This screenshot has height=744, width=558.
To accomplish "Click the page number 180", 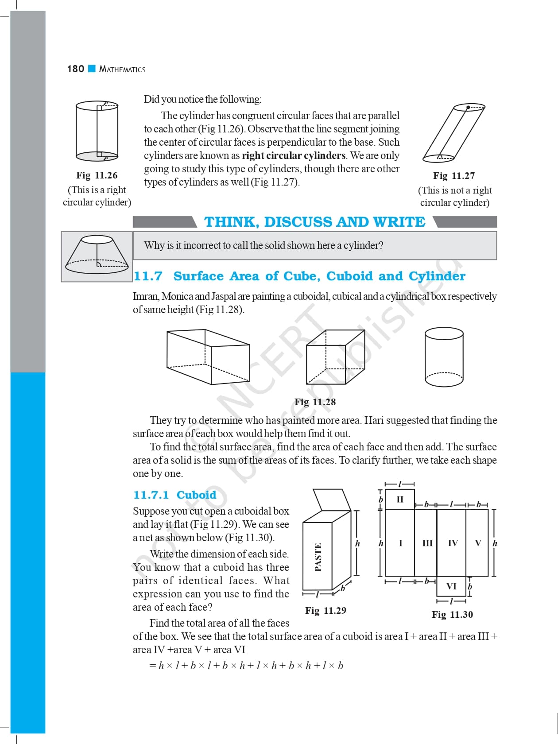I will click(x=75, y=69).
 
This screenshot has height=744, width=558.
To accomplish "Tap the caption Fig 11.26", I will click(x=97, y=175).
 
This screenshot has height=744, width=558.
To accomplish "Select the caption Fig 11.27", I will click(x=453, y=176).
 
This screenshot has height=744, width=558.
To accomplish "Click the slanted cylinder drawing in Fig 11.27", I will click(x=453, y=133).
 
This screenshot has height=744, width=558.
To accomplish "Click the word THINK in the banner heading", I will click(x=231, y=222).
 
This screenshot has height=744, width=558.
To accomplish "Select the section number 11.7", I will click(x=148, y=276).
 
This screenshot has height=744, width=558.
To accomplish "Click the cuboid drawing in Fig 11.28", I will click(x=208, y=356).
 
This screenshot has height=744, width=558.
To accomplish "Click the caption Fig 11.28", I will click(x=315, y=402).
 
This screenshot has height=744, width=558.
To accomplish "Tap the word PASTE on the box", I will click(x=318, y=557).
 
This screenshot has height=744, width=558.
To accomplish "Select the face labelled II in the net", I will click(x=400, y=500).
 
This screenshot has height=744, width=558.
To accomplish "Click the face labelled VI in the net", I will click(x=451, y=586).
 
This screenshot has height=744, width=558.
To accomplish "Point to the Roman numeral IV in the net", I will click(x=453, y=543).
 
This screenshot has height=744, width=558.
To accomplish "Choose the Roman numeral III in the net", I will click(x=427, y=543).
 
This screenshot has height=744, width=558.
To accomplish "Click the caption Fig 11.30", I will click(x=452, y=615).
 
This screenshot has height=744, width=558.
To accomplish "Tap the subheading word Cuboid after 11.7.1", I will click(x=196, y=495).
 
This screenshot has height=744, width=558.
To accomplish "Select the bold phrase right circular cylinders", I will click(x=294, y=155).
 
